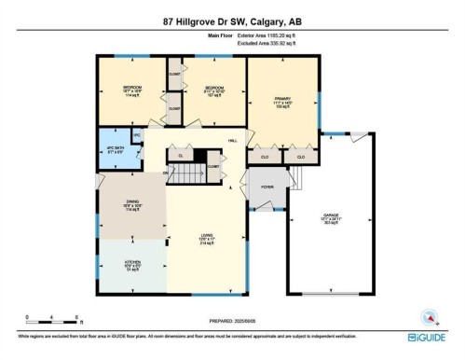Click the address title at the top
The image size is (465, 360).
(x=232, y=21)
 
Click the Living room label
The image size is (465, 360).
(x=208, y=240)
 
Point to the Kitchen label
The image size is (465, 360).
(x=133, y=265)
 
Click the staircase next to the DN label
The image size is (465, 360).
(x=193, y=174)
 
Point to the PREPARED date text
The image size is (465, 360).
(x=232, y=320)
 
